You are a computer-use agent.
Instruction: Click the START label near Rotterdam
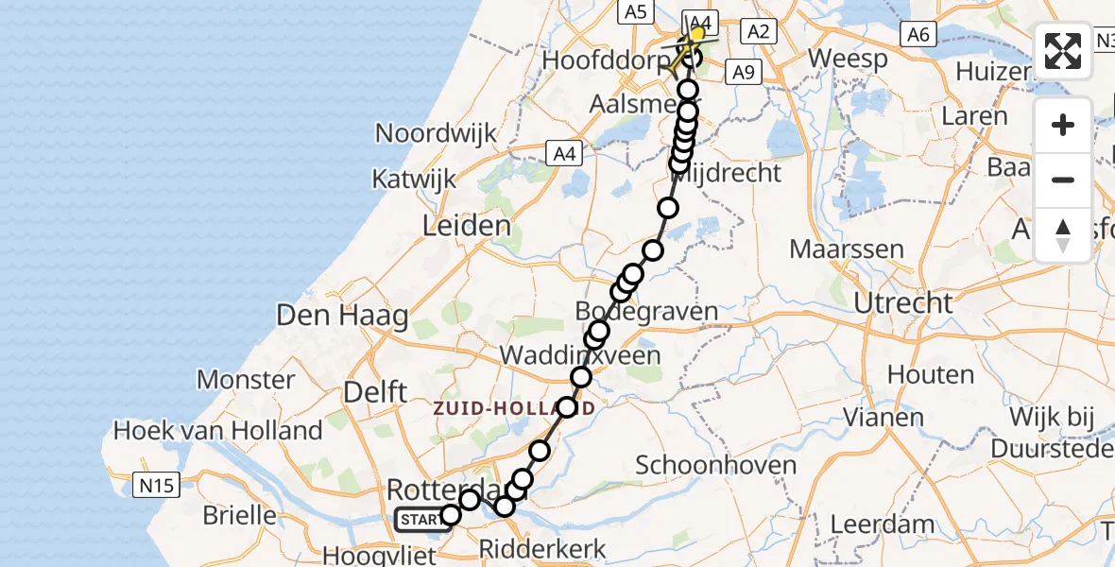coord(418,519)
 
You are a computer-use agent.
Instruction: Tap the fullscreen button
coord(1063,51)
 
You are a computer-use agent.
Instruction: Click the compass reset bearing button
coord(1063,235)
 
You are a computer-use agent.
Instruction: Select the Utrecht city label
coord(902,303)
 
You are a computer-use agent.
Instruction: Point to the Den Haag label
coord(342,316)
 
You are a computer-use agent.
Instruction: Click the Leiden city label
coord(469,226)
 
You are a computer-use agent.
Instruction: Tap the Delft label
coord(376,391)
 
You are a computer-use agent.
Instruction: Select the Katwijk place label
coord(414,179)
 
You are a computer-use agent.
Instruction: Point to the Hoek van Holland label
coord(218,431)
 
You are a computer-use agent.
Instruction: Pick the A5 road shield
coord(634,11)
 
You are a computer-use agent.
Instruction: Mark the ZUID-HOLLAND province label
coord(514,408)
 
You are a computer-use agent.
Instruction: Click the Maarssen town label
coord(846,250)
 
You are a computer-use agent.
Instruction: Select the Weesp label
coord(849,59)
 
